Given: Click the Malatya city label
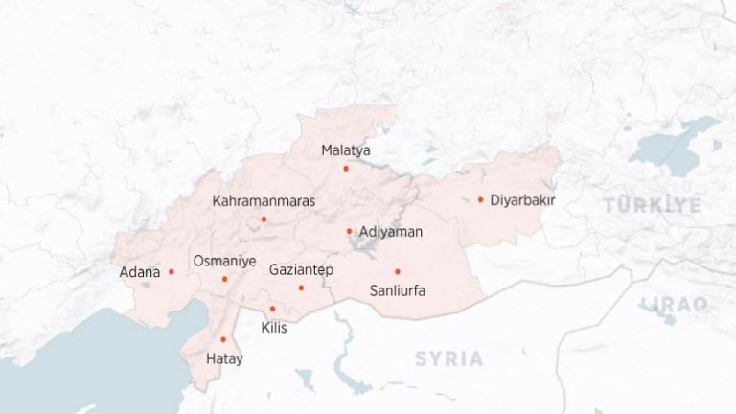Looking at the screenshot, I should pyautogui.click(x=346, y=150).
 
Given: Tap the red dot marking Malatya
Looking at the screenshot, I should pyautogui.click(x=346, y=169).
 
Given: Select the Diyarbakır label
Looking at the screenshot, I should pyautogui.click(x=522, y=200).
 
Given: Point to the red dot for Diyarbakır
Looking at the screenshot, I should pyautogui.click(x=480, y=199).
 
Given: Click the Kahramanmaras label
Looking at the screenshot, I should pyautogui.click(x=264, y=201).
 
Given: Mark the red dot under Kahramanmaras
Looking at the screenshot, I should pyautogui.click(x=264, y=219).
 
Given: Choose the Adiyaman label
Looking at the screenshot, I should pyautogui.click(x=390, y=232).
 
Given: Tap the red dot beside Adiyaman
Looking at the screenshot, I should pyautogui.click(x=349, y=231).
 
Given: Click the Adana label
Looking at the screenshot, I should pyautogui.click(x=139, y=272).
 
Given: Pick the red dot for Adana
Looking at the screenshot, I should pyautogui.click(x=172, y=271).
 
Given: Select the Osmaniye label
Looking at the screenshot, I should pyautogui.click(x=224, y=261).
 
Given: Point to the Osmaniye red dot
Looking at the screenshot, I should pyautogui.click(x=225, y=280).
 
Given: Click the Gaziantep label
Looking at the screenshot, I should pyautogui.click(x=301, y=270).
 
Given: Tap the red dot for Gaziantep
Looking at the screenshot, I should pyautogui.click(x=301, y=287).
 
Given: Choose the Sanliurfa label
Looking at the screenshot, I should pyautogui.click(x=397, y=290).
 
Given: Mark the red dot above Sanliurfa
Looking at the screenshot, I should pyautogui.click(x=397, y=271).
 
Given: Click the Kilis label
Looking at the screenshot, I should pyautogui.click(x=273, y=328).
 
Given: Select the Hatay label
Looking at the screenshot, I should pyautogui.click(x=224, y=359).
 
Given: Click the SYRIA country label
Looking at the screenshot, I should pyautogui.click(x=448, y=358).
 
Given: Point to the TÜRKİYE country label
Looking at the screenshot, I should pyautogui.click(x=652, y=205).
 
